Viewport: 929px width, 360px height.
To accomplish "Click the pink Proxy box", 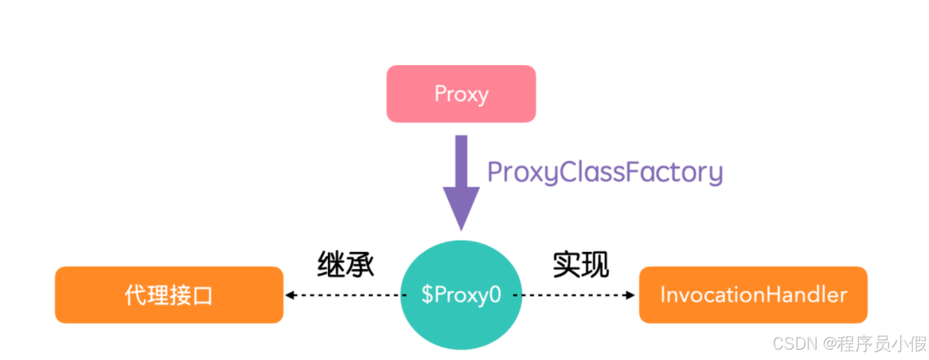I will pos(461,94).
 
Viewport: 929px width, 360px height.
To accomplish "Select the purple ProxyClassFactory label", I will pos(604,173).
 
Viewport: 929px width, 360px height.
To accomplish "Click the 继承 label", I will pos(346,264).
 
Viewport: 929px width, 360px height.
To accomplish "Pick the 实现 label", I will pos(580,264).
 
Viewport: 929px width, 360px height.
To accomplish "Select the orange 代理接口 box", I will pos(169,295).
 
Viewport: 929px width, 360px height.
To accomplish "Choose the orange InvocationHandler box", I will pos(752,295).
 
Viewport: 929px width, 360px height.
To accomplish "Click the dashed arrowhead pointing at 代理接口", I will pos(289,295).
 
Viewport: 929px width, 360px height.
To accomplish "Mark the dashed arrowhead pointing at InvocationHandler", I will pos(631,295).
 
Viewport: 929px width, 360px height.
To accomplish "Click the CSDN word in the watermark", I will pos(792,343).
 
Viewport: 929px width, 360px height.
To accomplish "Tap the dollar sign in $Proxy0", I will pos(427,295).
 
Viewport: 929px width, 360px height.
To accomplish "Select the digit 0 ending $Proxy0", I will pos(494,295).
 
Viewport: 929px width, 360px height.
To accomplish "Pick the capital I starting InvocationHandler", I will pos(664,295).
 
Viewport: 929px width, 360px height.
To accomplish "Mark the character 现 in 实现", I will pos(595,264).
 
